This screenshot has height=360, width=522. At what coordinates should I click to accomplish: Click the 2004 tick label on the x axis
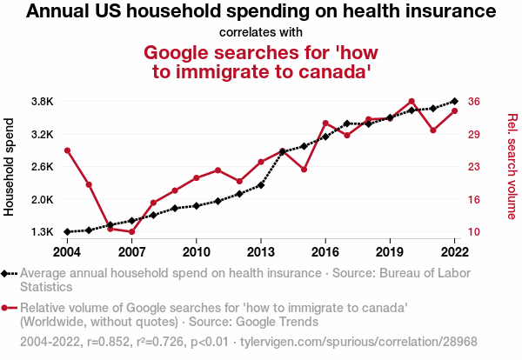[67, 251]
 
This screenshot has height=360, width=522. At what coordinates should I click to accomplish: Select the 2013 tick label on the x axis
[261, 251]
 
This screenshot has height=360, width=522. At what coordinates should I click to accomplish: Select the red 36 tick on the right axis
[473, 102]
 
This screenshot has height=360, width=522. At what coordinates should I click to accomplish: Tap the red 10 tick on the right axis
[473, 232]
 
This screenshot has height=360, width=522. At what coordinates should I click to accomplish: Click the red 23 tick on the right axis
[473, 167]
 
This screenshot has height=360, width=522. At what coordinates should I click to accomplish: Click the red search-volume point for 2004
[67, 150]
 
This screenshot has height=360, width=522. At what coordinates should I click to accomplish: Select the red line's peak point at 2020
[412, 102]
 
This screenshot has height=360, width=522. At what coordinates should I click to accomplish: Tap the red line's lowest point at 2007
[131, 232]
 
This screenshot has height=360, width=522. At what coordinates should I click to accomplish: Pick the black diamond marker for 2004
[67, 232]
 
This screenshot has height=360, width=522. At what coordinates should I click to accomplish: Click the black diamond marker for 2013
[261, 185]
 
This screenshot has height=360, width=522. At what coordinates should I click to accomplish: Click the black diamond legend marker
[6, 273]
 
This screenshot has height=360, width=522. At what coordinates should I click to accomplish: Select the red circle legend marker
[6, 308]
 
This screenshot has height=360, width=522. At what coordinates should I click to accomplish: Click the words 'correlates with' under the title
[261, 32]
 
